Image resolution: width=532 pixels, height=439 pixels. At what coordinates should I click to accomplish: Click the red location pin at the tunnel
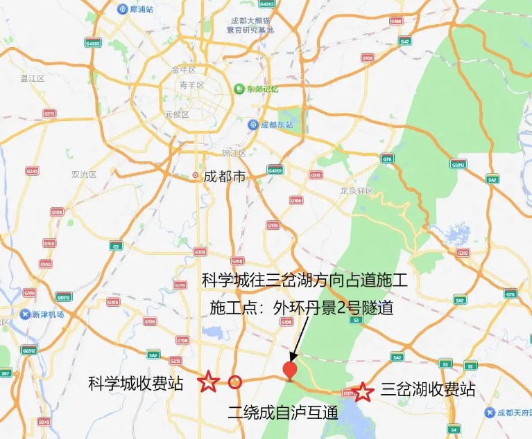(x=291, y=370)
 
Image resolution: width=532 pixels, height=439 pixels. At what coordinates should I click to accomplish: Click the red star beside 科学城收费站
(x=207, y=382)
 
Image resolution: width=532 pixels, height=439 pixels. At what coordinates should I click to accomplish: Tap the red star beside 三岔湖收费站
(x=362, y=392)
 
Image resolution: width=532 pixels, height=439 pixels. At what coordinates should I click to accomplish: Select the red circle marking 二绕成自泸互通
(x=235, y=382)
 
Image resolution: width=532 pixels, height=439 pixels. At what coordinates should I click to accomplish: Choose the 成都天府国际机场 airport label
(x=510, y=413)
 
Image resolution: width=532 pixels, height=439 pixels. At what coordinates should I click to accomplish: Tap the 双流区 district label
(x=84, y=174)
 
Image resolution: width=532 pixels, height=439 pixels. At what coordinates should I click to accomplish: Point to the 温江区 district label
(x=33, y=78)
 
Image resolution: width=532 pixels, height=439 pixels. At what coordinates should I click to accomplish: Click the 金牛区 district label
(x=184, y=70)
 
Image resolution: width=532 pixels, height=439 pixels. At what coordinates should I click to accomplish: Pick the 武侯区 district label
(x=177, y=114)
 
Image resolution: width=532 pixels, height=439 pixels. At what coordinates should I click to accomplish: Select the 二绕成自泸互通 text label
(x=282, y=413)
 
